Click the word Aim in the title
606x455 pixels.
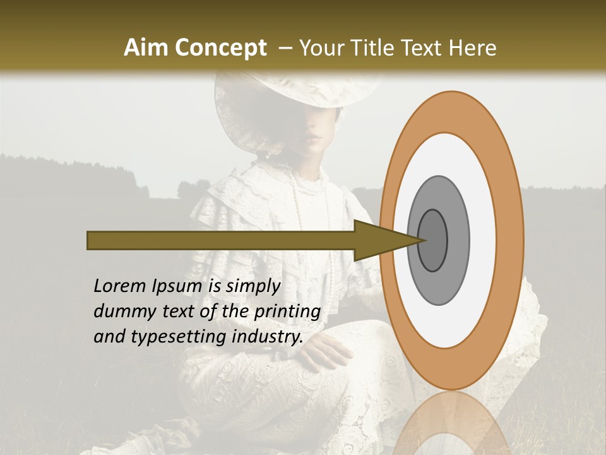[147, 48]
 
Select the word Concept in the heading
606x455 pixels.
[221, 48]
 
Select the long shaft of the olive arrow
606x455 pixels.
[221, 240]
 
